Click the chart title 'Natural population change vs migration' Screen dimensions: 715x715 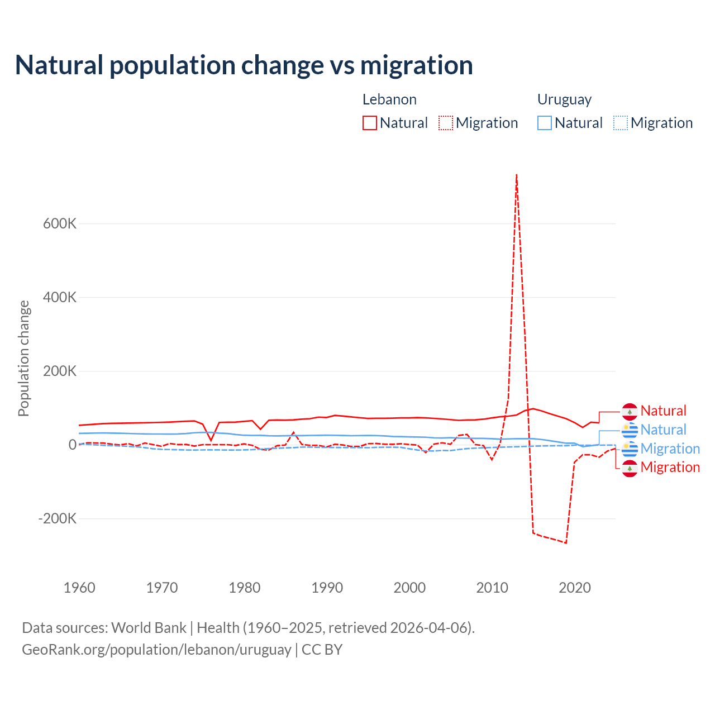click(244, 65)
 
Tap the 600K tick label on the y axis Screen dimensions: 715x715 click(60, 224)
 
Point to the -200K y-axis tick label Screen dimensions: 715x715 click(57, 519)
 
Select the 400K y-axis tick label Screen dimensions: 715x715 click(60, 298)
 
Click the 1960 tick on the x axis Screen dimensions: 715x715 click(79, 588)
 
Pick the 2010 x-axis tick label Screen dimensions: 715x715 click(492, 588)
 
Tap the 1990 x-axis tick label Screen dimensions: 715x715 click(327, 588)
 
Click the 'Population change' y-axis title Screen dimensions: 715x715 click(23, 358)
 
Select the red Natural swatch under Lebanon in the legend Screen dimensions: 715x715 click(370, 123)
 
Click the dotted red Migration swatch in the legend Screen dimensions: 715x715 click(446, 123)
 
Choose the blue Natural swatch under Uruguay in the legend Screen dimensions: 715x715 click(545, 123)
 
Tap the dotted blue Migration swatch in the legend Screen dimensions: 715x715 click(621, 123)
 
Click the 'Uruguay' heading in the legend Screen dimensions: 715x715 click(564, 99)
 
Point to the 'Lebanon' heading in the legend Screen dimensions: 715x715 click(389, 99)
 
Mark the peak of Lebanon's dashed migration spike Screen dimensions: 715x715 click(517, 175)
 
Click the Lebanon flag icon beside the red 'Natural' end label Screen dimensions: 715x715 click(630, 412)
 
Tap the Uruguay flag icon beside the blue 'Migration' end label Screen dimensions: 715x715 click(630, 449)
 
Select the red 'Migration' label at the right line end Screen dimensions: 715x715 click(670, 468)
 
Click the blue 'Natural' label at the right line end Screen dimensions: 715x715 click(663, 430)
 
